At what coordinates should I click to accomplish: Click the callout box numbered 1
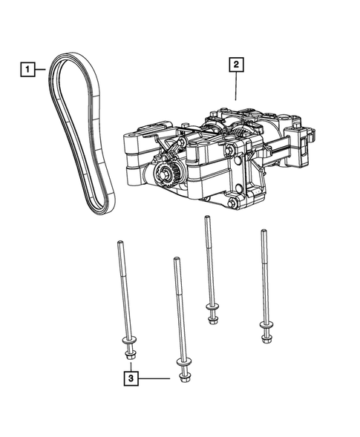27,70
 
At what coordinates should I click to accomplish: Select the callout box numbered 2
236,66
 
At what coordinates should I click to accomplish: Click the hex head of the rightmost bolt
266,339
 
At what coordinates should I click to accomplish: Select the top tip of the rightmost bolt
261,231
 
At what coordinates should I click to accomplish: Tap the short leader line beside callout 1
42,70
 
